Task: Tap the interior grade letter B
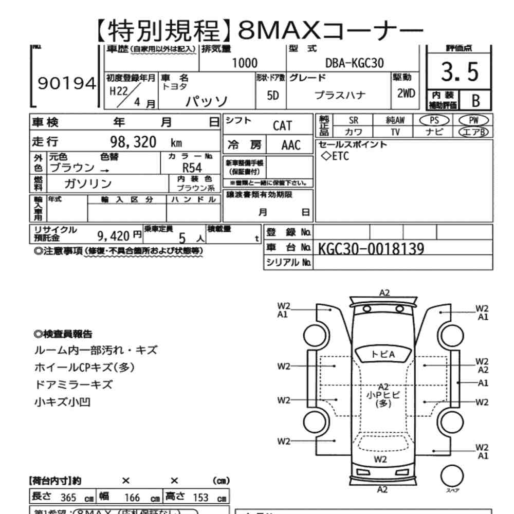pos(475,100)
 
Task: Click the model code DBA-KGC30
pos(355,63)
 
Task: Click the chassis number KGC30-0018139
pos(371,249)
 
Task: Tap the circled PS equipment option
pos(434,120)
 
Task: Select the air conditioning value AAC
pos(291,145)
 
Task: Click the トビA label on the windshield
pos(383,354)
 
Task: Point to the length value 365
pos(68,498)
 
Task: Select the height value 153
pos(200,498)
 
